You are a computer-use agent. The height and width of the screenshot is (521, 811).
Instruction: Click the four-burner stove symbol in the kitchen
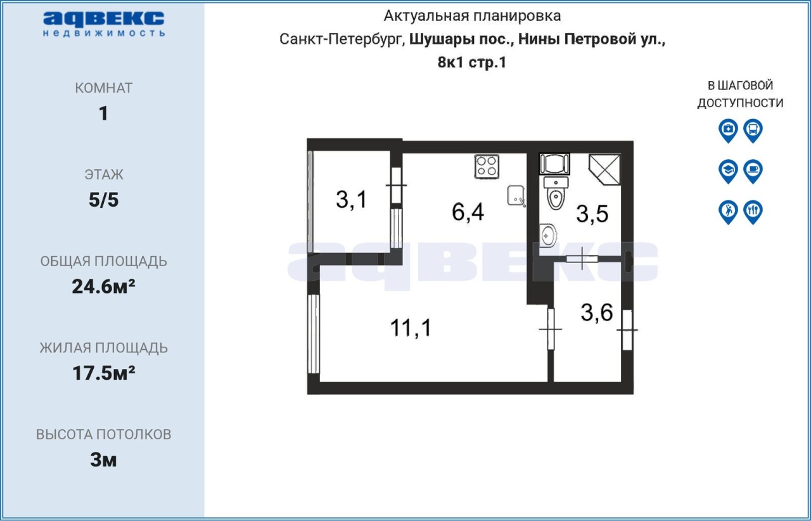[487, 167]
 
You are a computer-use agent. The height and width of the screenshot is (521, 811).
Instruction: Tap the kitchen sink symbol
[516, 196]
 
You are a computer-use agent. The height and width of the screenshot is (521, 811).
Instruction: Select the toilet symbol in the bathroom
[556, 193]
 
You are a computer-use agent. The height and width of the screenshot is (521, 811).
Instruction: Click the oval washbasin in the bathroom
[547, 236]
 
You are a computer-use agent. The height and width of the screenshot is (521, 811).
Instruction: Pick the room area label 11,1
[411, 328]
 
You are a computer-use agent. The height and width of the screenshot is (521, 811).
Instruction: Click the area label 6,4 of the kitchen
[468, 212]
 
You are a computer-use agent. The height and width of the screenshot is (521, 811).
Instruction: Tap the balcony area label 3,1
[351, 200]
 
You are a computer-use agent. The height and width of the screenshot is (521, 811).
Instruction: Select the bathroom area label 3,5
[592, 214]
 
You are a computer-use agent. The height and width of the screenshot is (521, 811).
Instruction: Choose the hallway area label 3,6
[597, 312]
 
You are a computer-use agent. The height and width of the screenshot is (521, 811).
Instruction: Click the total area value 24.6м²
[103, 286]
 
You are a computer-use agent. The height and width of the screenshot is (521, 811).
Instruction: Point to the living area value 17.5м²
[103, 373]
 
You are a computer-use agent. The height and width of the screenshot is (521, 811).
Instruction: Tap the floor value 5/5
[103, 200]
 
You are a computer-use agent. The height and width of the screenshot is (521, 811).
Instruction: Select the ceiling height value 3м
[103, 460]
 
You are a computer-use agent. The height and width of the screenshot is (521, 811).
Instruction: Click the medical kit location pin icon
[728, 131]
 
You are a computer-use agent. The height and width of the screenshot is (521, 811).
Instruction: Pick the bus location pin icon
[753, 131]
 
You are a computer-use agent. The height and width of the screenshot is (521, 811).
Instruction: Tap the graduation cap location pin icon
[728, 171]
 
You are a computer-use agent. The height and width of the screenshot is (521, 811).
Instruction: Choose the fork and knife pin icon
[753, 212]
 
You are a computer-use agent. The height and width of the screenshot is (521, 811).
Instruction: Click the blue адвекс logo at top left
[103, 24]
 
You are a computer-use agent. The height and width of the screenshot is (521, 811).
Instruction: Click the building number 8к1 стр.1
[472, 62]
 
